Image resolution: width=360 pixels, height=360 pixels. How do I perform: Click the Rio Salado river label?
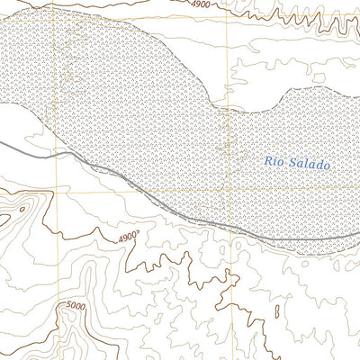point(298,163)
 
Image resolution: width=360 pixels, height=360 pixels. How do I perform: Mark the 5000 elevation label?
point(77,307)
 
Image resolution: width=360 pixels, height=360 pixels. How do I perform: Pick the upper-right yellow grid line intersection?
point(237,15)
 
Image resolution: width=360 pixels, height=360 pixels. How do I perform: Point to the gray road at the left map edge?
point(2,142)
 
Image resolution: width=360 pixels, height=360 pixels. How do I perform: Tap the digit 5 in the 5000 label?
point(68,307)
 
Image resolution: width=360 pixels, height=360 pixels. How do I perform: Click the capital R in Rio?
point(268,162)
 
